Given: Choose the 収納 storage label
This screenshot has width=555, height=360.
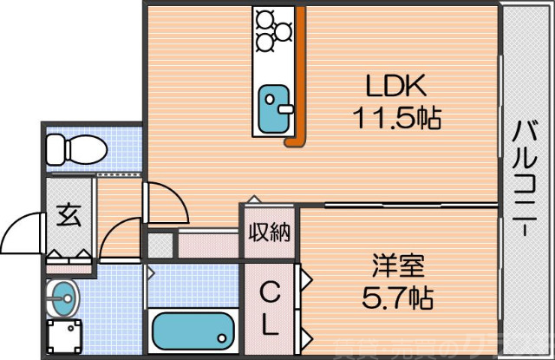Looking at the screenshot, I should (x=270, y=232).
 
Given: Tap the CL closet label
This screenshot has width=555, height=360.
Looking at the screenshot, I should (x=270, y=311).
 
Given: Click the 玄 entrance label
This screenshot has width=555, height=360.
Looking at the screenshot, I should (x=69, y=214).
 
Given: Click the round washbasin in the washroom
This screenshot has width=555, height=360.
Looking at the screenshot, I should (x=62, y=299).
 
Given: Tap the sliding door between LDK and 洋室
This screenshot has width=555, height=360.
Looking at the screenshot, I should (x=399, y=205).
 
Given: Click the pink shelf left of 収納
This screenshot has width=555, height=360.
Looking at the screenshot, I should (x=207, y=244).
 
